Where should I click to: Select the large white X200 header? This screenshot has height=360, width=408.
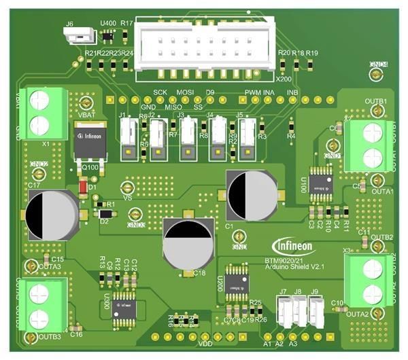tap(207, 44)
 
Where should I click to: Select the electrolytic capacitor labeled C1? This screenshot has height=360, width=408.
tap(250, 192)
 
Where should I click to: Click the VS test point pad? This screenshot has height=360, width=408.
tap(124, 186)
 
